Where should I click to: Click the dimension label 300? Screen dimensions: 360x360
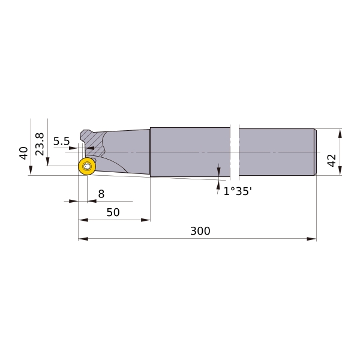point(200,231)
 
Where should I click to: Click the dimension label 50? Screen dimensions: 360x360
point(113,212)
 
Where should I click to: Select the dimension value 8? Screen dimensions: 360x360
point(101,194)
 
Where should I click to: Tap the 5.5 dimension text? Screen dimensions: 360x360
point(61,141)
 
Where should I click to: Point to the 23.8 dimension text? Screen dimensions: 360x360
point(40,144)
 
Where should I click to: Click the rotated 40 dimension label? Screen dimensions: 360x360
point(23,153)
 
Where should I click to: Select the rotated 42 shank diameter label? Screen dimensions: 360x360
point(332,160)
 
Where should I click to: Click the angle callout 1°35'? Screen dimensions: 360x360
point(238,191)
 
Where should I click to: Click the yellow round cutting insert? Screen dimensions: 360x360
point(87,166)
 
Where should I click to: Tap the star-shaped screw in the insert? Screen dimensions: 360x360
point(87,166)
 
